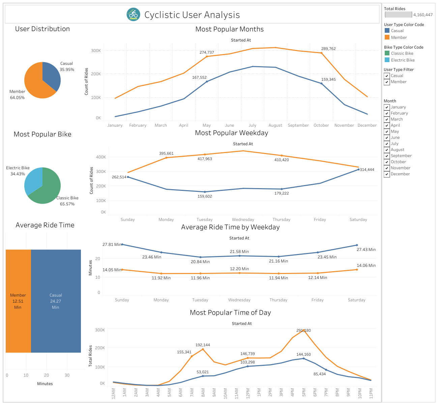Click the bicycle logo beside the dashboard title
click(x=134, y=15)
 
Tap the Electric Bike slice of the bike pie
click(x=33, y=181)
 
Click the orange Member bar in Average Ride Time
click(x=18, y=301)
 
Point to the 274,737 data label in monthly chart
click(x=207, y=52)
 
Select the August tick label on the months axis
click(x=275, y=125)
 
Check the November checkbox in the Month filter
click(x=387, y=168)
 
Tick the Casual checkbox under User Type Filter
click(x=387, y=76)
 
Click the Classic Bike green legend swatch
click(x=387, y=53)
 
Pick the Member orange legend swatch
click(x=387, y=37)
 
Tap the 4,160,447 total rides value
click(x=423, y=15)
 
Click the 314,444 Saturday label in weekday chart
click(x=367, y=170)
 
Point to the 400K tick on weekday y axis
click(x=101, y=157)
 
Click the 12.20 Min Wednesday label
click(x=239, y=269)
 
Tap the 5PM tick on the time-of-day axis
click(x=304, y=393)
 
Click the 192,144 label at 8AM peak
click(x=203, y=345)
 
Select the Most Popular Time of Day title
click(x=230, y=312)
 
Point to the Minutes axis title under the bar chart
click(x=45, y=384)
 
